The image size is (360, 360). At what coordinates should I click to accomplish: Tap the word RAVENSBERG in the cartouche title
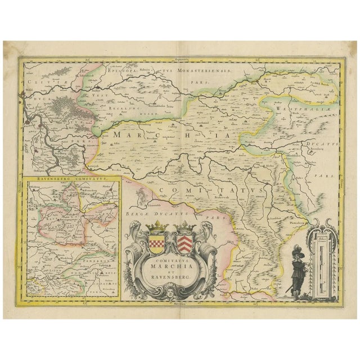tap(170, 278)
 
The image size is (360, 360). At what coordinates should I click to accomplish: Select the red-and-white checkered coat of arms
tap(156, 243)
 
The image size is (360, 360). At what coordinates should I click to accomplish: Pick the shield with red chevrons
tap(185, 243)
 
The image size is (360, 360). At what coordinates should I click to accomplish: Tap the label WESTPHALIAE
tap(304, 105)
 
